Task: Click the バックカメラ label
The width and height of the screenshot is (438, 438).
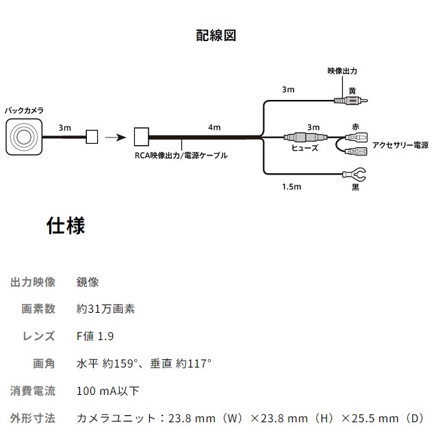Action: point(25,110)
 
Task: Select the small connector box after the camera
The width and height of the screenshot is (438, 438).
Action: point(91,136)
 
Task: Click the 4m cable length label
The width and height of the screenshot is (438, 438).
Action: point(214,127)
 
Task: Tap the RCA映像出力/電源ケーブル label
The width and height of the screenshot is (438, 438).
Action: point(181,156)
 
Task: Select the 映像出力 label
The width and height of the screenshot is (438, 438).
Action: point(342,71)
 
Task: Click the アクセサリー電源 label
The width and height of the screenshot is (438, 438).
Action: point(400,145)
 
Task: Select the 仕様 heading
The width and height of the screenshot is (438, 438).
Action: point(66,227)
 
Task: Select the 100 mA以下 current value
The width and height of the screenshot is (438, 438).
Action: point(108,391)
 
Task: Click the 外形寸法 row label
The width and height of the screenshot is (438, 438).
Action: point(33,418)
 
